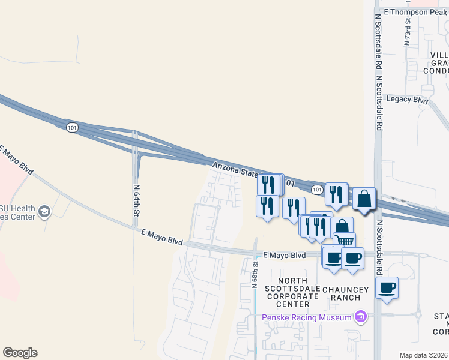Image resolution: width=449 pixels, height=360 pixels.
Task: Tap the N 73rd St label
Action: tap(407, 31)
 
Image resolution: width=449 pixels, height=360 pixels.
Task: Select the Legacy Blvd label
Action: tap(408, 99)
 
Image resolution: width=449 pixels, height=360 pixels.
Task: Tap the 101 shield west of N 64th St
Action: tap(72, 127)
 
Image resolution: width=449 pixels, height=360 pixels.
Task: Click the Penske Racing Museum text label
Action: tap(307, 317)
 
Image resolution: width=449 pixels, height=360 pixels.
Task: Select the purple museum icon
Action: tap(361, 316)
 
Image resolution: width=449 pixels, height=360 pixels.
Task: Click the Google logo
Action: tap(20, 353)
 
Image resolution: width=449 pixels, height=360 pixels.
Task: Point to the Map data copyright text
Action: tap(424, 355)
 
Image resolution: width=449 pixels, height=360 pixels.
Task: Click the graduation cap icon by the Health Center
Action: tap(44, 211)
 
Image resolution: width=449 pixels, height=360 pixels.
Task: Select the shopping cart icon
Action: tap(345, 241)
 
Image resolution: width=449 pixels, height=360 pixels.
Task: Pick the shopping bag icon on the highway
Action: tap(364, 197)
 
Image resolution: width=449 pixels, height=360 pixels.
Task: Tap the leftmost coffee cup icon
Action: tap(333, 257)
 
